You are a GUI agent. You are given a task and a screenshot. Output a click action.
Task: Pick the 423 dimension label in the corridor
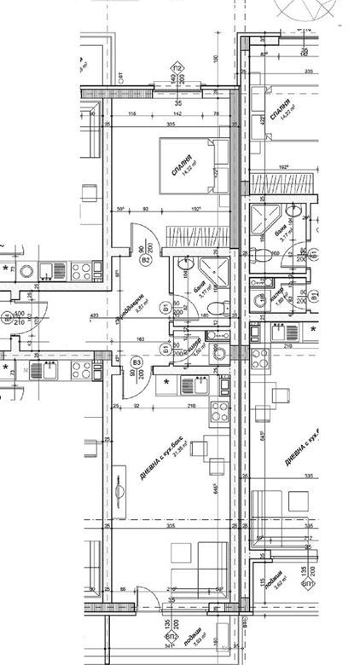(x=94, y=317)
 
